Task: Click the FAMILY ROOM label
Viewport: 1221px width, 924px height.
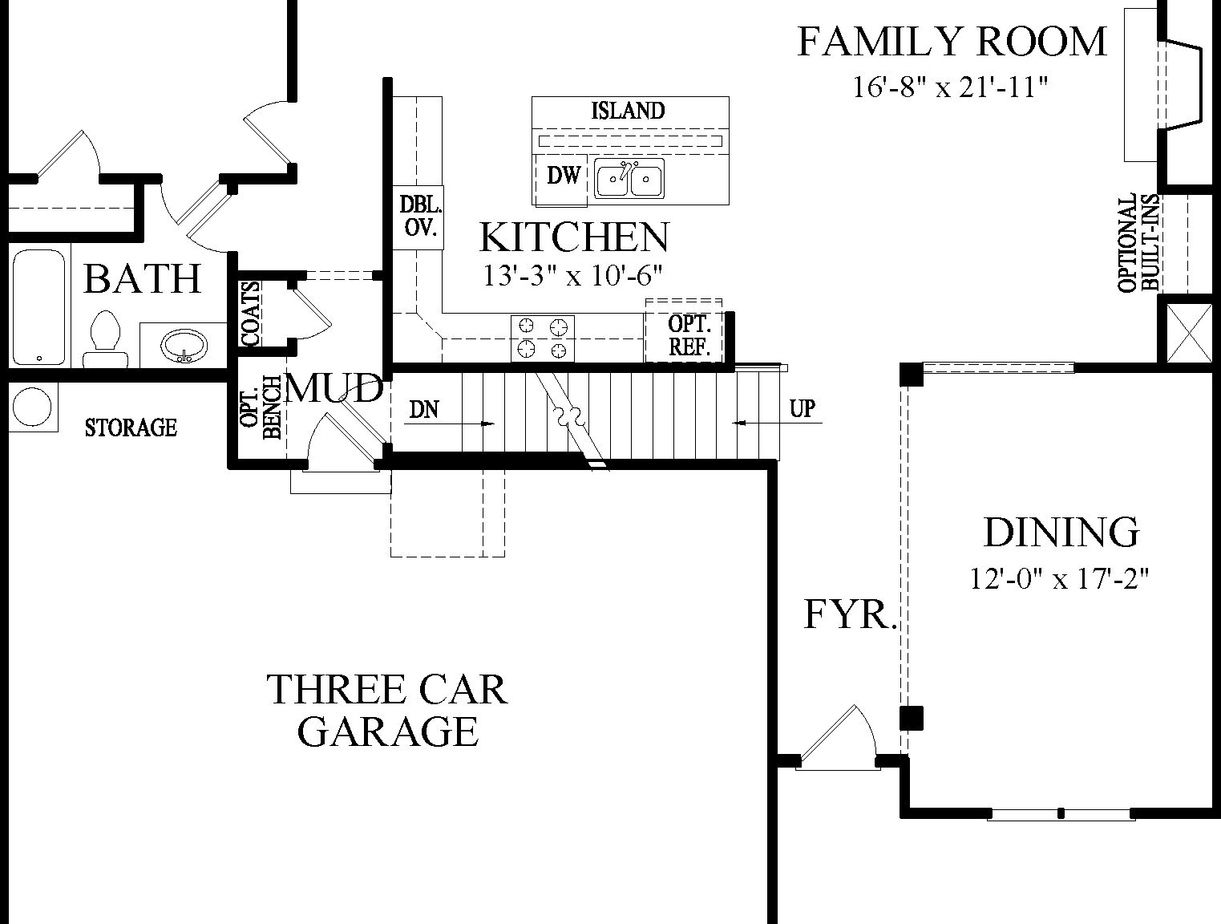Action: click(952, 42)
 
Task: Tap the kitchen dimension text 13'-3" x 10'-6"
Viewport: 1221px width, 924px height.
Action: click(572, 276)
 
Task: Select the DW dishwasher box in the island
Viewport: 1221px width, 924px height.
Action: click(563, 176)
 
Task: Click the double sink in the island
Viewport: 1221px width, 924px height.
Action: click(629, 178)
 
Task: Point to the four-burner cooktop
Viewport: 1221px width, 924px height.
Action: click(543, 338)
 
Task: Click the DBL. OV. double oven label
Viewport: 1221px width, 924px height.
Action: click(420, 216)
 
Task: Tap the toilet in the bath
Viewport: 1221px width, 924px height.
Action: click(105, 338)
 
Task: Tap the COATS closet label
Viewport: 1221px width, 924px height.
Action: click(251, 313)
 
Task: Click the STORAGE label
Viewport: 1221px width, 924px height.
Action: click(131, 428)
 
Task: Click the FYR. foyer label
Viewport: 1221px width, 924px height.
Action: click(849, 615)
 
